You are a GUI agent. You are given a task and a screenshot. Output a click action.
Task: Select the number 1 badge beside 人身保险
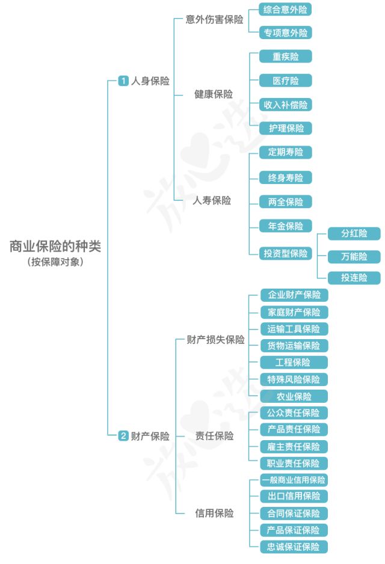point(123,81)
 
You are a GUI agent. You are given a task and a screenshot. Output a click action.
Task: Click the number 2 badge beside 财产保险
point(123,436)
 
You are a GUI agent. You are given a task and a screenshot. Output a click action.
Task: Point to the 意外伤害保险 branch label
point(214,20)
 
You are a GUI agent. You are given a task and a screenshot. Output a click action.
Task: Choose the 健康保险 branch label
point(214,94)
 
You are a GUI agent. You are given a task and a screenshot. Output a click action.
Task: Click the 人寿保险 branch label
point(212,201)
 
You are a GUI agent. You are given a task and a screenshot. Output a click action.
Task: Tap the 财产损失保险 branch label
point(215,340)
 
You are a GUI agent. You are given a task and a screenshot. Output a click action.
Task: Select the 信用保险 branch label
point(214,513)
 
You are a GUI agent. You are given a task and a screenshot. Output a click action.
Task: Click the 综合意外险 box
point(286,10)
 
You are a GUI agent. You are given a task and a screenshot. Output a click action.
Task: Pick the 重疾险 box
point(286,57)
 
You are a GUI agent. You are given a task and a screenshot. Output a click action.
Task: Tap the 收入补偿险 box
point(286,105)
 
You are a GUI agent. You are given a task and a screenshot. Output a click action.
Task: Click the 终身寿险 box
point(286,177)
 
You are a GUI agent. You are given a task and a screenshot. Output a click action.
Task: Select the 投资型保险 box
point(286,253)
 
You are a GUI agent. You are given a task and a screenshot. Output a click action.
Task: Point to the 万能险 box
point(354,257)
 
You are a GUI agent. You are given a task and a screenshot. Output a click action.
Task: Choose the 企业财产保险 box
point(294,295)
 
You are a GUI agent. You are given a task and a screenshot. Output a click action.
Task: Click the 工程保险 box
point(294,362)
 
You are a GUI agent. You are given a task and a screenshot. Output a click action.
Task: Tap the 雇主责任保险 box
point(294,447)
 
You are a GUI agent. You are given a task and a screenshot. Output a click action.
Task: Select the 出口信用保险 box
point(294,496)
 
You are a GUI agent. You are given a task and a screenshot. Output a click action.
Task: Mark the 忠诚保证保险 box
point(294,547)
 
